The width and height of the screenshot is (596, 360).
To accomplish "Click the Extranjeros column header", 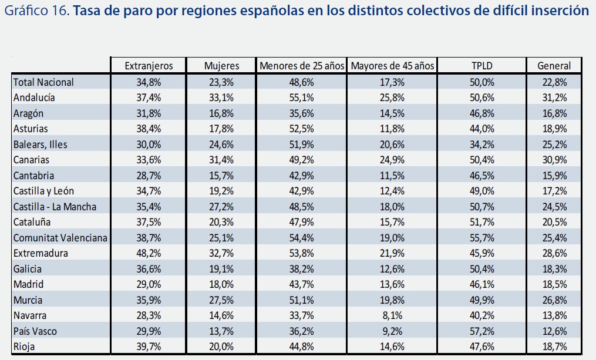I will point(148,66).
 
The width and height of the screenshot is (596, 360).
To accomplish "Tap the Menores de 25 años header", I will point(302,66).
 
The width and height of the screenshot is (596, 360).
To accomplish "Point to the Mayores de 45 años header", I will point(392,66).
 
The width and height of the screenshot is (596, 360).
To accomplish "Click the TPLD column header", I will point(481,66).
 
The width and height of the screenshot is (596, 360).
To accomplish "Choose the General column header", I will point(554,66).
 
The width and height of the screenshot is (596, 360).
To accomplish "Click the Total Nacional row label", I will point(43,82).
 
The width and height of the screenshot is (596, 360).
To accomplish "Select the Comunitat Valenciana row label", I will point(60,238).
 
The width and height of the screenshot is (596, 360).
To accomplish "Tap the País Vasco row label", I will point(35,331).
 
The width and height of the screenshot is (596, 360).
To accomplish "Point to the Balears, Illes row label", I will point(41,144).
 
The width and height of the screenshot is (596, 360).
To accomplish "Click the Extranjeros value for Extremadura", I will point(148,253).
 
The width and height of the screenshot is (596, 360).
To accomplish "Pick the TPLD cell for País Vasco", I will point(481,331).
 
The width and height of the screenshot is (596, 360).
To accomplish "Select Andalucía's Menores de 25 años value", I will point(302,97).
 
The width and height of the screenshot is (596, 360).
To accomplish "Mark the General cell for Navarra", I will point(554,315).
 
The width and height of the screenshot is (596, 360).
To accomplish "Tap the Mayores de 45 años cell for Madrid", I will point(392,284).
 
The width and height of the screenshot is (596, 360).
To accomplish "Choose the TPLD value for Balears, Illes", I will point(481,144).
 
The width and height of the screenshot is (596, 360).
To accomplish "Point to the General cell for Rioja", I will point(554,346).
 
